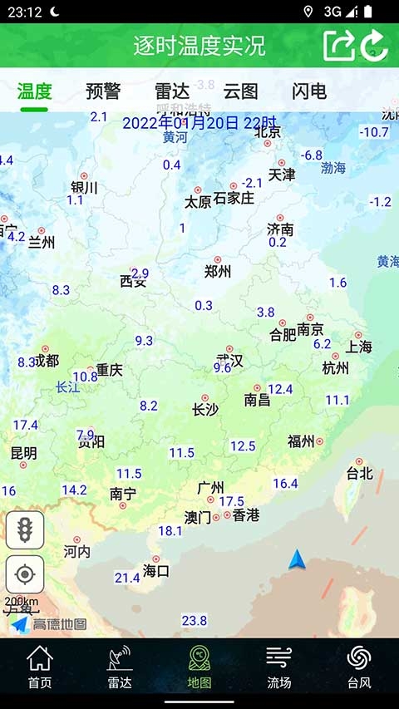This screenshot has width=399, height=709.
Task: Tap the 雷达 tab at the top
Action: point(171,91)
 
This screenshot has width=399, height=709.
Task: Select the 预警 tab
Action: point(103,91)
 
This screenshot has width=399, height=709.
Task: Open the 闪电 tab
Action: point(309,91)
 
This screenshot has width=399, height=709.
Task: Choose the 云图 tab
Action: point(240,91)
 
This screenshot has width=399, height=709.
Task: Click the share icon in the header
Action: point(338,45)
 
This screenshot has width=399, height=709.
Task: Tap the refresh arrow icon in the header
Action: point(375,45)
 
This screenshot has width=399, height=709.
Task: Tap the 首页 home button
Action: point(40,667)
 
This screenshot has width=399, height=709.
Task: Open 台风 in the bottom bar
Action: point(359,667)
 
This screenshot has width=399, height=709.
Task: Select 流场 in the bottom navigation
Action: point(279,667)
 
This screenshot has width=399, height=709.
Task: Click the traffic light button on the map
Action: point(25,530)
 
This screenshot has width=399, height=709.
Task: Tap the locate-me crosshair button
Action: point(25,574)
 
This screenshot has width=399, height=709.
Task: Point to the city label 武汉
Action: point(229,361)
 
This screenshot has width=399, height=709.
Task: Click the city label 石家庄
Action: point(234,199)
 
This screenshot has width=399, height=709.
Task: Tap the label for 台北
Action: point(360,474)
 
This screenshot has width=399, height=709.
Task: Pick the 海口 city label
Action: point(156,571)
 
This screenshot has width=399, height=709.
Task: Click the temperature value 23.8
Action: point(195,621)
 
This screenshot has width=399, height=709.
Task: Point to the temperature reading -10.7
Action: point(374,132)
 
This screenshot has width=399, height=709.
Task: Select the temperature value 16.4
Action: point(285,483)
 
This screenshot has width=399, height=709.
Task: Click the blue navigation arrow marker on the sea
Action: point(298,560)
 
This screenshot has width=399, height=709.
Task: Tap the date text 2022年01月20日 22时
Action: point(199,123)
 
